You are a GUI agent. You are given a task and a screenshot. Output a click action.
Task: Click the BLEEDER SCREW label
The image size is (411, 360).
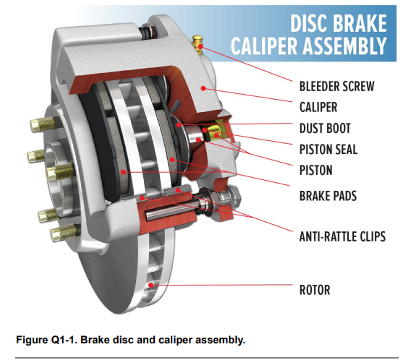(x=336, y=87)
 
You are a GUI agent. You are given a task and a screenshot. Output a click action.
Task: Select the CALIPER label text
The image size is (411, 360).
(x=318, y=107)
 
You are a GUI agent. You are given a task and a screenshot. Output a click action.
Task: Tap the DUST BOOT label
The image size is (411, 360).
(x=325, y=128)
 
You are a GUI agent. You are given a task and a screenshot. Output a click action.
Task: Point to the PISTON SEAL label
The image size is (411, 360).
(x=329, y=150)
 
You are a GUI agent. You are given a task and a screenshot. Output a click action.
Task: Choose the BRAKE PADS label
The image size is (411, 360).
(x=328, y=196)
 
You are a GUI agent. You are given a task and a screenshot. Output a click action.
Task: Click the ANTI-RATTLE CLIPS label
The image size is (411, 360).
(x=342, y=236)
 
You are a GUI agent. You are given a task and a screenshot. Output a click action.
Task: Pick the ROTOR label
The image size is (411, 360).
(x=315, y=290)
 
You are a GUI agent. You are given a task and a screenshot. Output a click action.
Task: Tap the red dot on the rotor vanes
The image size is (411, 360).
(x=151, y=285)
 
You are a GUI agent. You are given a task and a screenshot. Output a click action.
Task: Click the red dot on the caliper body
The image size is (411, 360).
(x=203, y=88)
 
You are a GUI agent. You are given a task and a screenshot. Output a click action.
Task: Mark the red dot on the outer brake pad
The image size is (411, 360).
(x=123, y=172)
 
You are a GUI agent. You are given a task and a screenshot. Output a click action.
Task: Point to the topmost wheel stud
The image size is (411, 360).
(x=45, y=123)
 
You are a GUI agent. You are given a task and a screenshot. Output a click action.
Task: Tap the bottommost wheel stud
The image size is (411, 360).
(x=64, y=232)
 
